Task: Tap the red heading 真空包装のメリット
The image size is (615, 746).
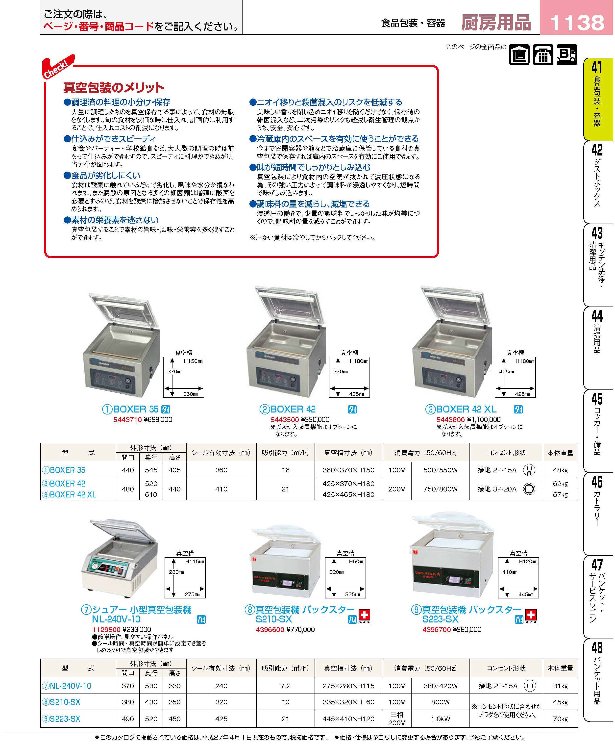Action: pos(114,87)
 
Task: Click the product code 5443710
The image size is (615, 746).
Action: pos(127,420)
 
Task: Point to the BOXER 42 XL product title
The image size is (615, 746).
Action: pos(466,409)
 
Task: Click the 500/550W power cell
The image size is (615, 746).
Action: pos(440,470)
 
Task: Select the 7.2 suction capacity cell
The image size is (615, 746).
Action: pos(286,686)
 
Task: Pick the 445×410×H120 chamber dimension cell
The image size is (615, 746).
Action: pos(348,719)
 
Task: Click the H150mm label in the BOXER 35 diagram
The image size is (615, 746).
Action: pos(193,361)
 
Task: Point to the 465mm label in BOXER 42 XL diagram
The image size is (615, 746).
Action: pos(507,372)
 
